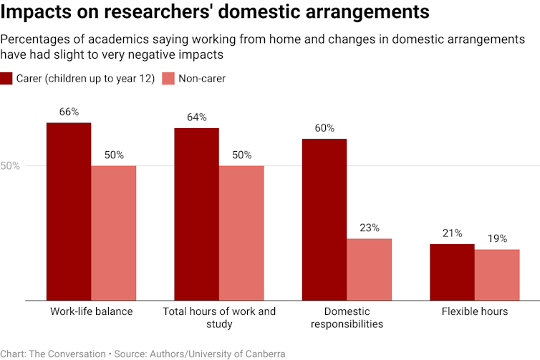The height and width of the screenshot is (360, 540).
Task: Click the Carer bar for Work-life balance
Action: click(69, 211)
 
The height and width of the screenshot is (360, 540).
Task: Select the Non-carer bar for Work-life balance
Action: click(114, 233)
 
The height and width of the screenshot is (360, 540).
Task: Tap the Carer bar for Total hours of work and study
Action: click(196, 214)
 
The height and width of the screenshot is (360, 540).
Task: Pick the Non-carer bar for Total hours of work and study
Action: click(241, 233)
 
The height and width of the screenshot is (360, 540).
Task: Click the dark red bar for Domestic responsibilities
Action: click(324, 219)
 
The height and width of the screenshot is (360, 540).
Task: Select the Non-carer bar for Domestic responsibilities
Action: click(369, 269)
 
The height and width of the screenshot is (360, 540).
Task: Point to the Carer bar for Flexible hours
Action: click(452, 272)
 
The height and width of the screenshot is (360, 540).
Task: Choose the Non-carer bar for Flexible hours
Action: click(497, 275)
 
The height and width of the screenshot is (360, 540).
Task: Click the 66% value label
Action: click(69, 112)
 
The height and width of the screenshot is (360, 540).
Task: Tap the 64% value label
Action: click(196, 117)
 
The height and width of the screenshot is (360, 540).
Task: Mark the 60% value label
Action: click(324, 128)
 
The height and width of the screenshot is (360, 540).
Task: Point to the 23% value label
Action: click(369, 228)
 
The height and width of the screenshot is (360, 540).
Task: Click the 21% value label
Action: click(452, 233)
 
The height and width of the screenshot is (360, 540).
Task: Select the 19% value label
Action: click(497, 238)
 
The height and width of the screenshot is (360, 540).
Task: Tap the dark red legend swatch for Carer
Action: click(6, 79)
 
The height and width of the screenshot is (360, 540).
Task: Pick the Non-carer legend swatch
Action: click(168, 79)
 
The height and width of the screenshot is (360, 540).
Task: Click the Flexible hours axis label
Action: click(474, 311)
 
